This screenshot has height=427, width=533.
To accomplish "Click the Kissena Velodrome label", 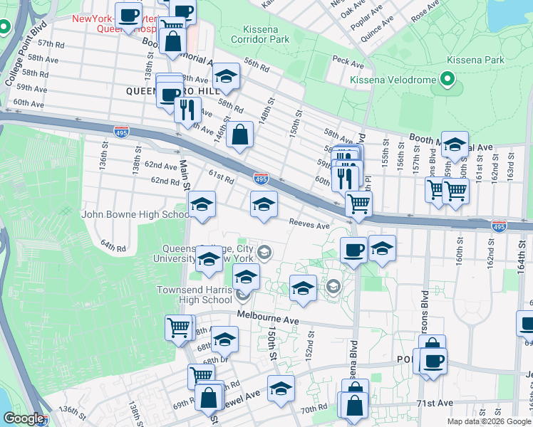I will point(392,80).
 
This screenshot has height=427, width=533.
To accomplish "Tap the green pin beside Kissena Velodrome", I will point(447,79).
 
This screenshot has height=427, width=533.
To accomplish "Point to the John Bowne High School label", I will point(135,213).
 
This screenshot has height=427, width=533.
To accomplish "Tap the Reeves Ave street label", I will point(309,224).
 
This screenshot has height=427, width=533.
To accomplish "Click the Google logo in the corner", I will point(24,418).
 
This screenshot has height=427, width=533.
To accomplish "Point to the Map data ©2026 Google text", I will point(488,421).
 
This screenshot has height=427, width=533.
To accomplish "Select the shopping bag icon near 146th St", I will point(240,135).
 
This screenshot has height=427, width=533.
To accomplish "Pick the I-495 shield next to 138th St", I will point(121,131).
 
